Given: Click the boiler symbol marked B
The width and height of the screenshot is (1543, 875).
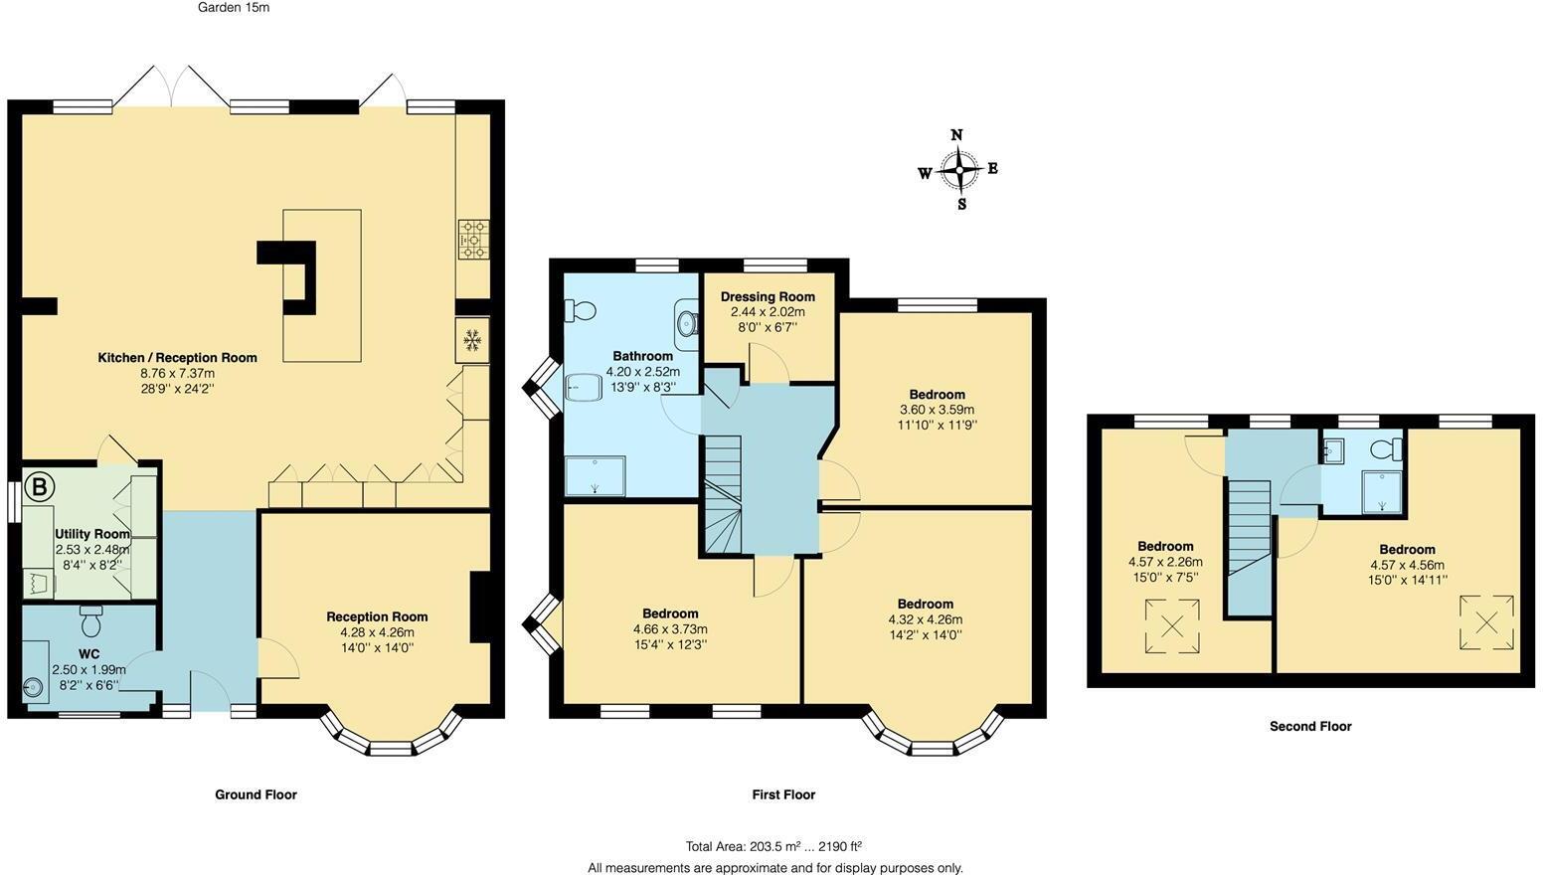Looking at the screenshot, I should (x=40, y=487).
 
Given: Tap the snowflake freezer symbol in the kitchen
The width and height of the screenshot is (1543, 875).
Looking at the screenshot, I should (x=472, y=340).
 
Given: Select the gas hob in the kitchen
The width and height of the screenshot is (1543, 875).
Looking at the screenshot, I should (x=473, y=239).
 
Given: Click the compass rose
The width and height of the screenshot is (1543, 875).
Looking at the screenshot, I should (x=958, y=170).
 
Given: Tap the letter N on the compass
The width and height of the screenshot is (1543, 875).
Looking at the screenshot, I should (x=956, y=136).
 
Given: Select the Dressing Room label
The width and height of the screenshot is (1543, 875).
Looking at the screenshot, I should (x=768, y=296).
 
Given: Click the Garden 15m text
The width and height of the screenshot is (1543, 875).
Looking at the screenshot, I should (x=234, y=8).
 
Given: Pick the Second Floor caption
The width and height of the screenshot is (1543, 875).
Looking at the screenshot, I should (x=1310, y=727).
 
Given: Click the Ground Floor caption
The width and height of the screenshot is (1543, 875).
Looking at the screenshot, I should (x=256, y=794).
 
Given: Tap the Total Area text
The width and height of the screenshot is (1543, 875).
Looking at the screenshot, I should (x=773, y=847).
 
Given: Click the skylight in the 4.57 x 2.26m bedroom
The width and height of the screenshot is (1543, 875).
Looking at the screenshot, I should (x=1172, y=625).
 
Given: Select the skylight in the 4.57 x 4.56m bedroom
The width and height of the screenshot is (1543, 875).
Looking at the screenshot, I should (x=1486, y=622).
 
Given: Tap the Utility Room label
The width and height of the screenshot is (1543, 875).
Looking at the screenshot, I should (x=91, y=534).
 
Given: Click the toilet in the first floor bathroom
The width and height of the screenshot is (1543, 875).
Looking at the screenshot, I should (x=581, y=311).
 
